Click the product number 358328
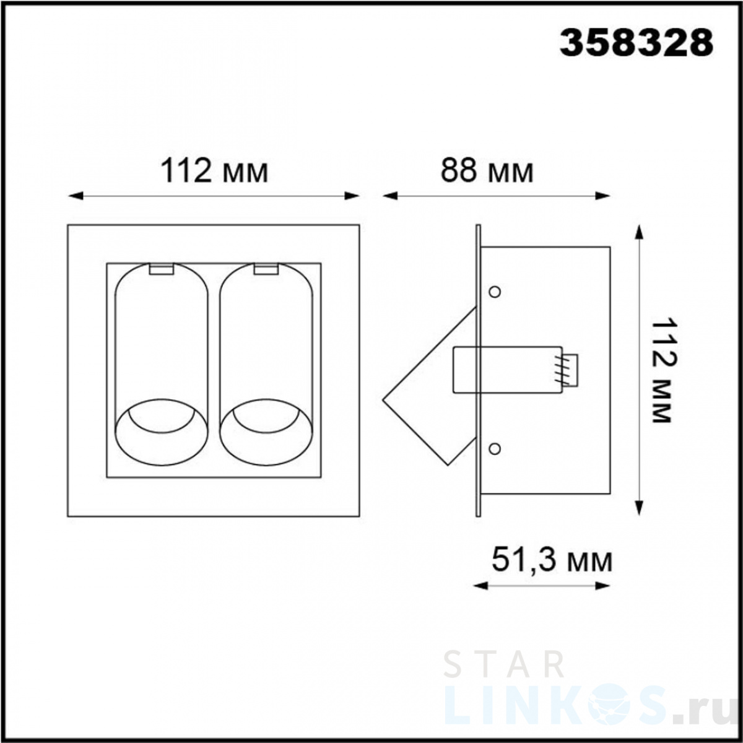click(637, 43)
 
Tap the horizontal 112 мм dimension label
click(214, 171)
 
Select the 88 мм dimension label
click(487, 171)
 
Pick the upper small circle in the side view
click(495, 292)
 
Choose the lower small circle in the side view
click(495, 449)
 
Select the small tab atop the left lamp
click(162, 269)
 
